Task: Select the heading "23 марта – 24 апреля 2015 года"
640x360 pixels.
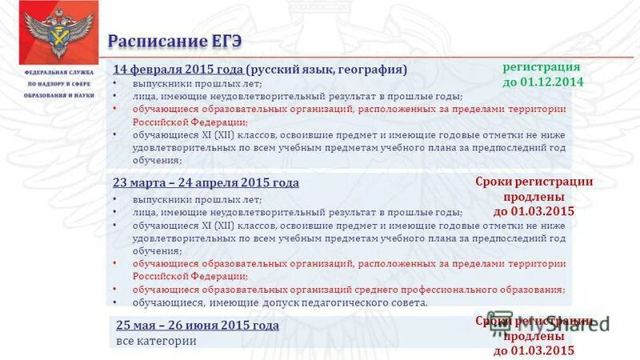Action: click(206, 182)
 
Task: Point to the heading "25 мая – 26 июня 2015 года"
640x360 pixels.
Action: click(197, 326)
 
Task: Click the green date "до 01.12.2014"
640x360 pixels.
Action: click(543, 82)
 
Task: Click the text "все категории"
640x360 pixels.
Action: click(156, 341)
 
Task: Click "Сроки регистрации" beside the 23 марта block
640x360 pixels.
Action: click(534, 182)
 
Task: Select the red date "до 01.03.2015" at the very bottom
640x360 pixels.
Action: click(534, 350)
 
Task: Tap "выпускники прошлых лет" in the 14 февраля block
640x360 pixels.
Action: click(185, 84)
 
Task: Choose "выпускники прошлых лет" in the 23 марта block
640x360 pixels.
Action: click(185, 199)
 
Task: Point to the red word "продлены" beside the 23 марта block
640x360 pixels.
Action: click(534, 197)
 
